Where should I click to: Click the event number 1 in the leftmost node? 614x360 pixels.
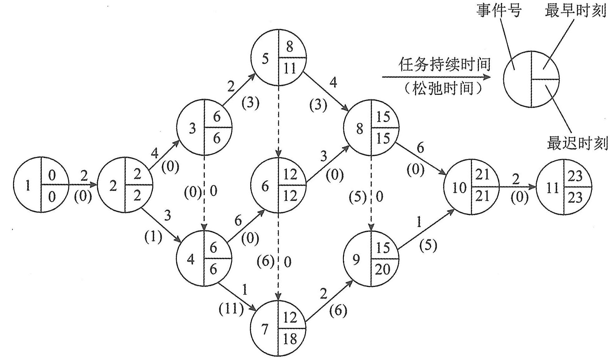(28, 186)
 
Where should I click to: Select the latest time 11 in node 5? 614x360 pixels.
(290, 68)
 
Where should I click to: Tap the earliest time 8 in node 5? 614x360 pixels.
(290, 47)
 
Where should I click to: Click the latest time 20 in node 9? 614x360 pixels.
(383, 269)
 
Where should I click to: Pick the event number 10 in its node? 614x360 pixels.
(459, 188)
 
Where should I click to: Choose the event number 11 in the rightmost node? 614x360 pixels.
(552, 188)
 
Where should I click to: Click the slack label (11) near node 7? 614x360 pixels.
(231, 310)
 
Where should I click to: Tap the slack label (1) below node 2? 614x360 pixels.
(153, 237)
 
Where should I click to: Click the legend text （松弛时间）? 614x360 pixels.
(443, 88)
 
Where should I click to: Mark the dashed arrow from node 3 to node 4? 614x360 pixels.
(204, 194)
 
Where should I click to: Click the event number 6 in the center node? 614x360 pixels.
(265, 187)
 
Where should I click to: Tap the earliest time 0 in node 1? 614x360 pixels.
(52, 175)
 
